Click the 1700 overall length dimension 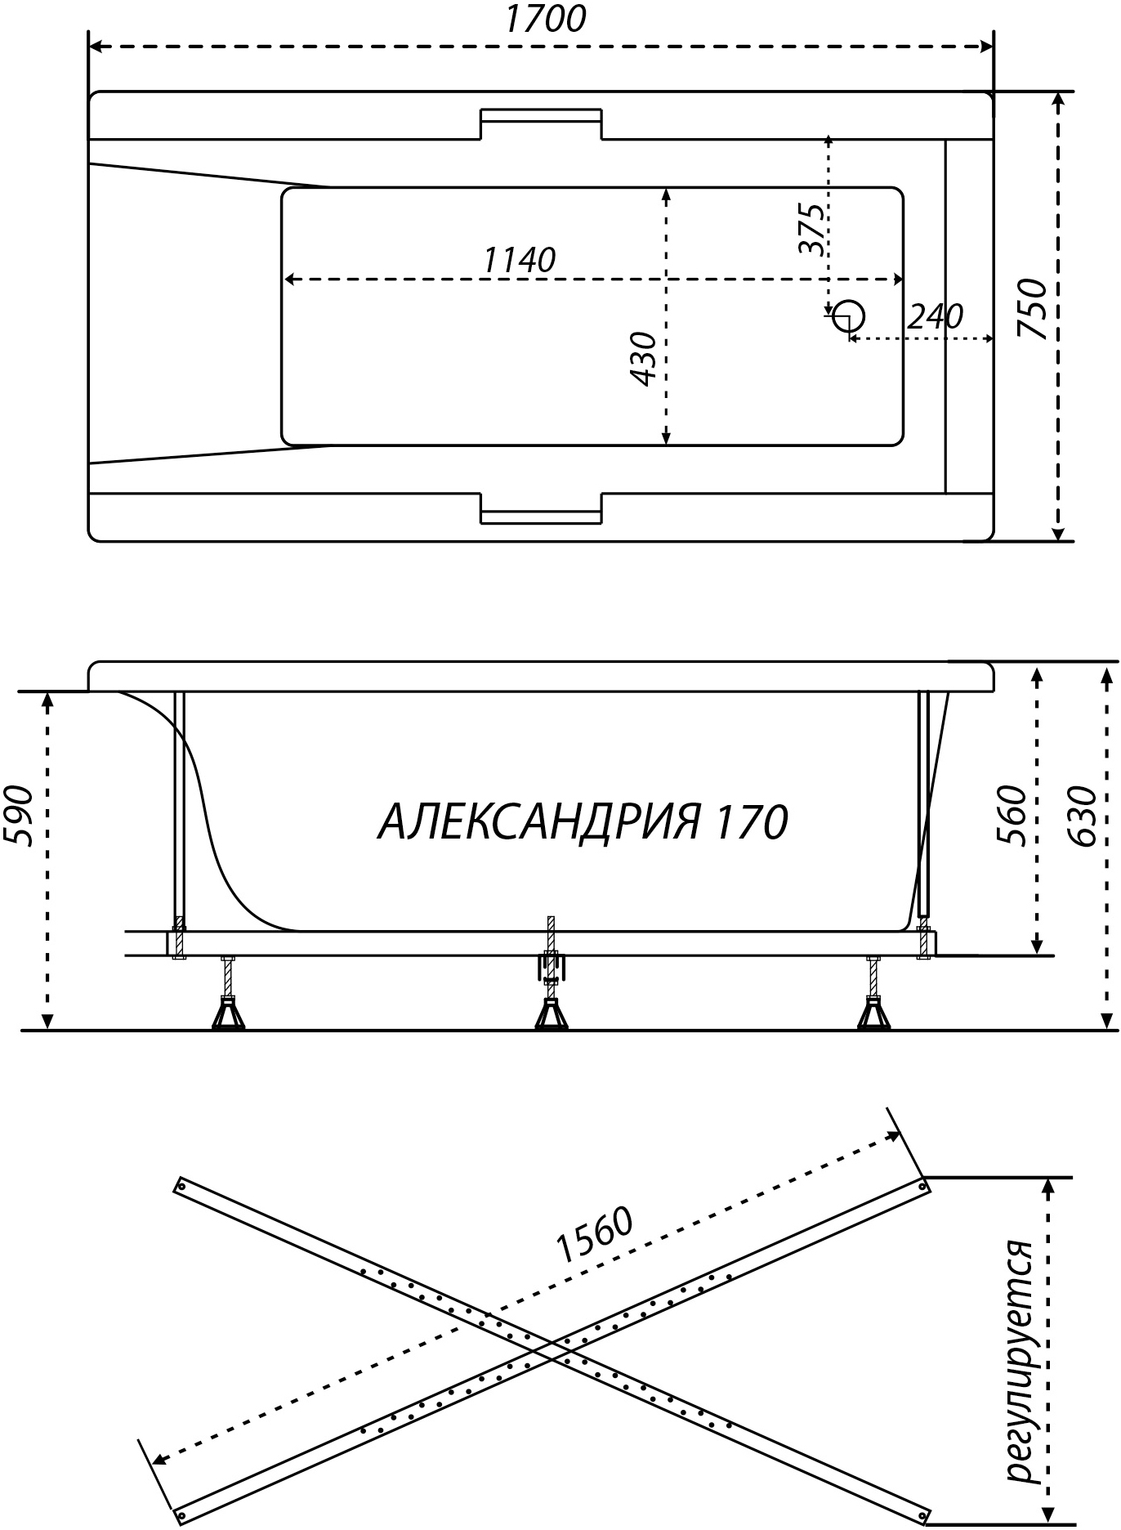[x=545, y=19]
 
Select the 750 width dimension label [x=1033, y=308]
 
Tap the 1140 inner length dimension [x=520, y=260]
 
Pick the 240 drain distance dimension [x=936, y=315]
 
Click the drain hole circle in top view [x=849, y=315]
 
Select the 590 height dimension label [x=18, y=816]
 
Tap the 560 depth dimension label [x=1011, y=815]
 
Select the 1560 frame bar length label [x=595, y=1234]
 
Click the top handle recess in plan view [x=541, y=123]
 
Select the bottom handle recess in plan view [x=541, y=507]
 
